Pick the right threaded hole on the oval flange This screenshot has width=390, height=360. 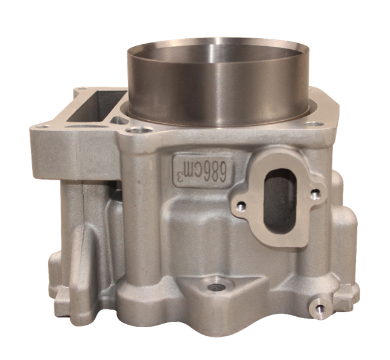tap(314, 194)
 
